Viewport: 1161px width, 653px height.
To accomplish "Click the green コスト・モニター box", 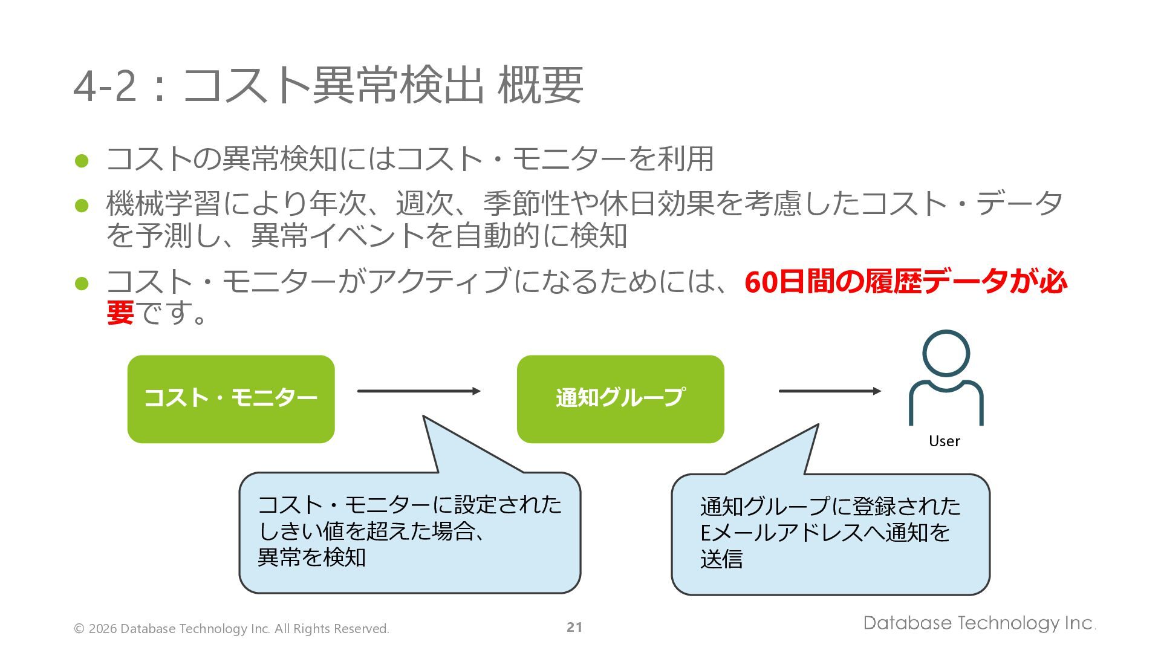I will click(230, 399).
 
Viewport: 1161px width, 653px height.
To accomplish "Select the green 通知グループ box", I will click(620, 399).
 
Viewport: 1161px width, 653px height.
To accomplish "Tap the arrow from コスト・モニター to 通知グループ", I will click(418, 391).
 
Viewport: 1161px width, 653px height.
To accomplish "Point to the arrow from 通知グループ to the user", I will click(830, 391).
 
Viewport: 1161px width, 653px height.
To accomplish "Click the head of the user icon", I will click(946, 354).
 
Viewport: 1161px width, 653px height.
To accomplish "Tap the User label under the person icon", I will click(944, 441).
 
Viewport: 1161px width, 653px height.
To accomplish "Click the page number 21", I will click(574, 628).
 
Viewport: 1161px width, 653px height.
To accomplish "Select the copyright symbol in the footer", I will click(79, 629).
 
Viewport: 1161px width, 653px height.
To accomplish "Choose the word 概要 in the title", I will click(540, 86).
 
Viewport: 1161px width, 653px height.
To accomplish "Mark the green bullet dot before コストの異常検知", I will click(82, 161).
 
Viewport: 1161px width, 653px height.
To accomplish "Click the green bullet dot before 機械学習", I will click(82, 206).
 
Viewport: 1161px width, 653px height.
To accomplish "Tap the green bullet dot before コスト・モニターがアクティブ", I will click(82, 283).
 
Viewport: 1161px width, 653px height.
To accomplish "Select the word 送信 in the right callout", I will click(721, 559).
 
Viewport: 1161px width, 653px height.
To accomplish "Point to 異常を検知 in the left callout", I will click(311, 557).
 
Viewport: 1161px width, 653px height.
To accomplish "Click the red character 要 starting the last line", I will click(120, 313).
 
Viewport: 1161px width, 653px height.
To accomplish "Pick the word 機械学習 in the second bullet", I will click(163, 203).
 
